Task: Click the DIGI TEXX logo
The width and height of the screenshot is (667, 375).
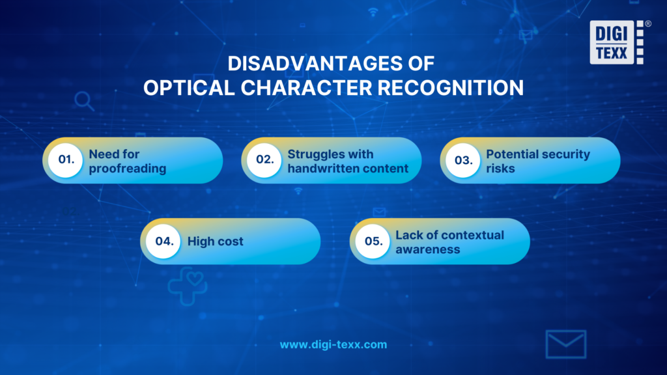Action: point(615,42)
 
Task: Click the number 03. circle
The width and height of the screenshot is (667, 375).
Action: point(462,160)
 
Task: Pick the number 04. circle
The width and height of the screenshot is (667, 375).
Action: point(163,241)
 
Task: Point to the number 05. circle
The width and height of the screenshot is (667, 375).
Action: point(372,241)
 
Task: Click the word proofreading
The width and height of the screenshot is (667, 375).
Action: point(128,169)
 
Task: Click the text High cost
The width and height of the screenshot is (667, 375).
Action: point(215,242)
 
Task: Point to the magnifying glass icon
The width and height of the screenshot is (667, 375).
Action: point(84,100)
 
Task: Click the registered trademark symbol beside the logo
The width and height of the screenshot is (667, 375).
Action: point(647,24)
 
